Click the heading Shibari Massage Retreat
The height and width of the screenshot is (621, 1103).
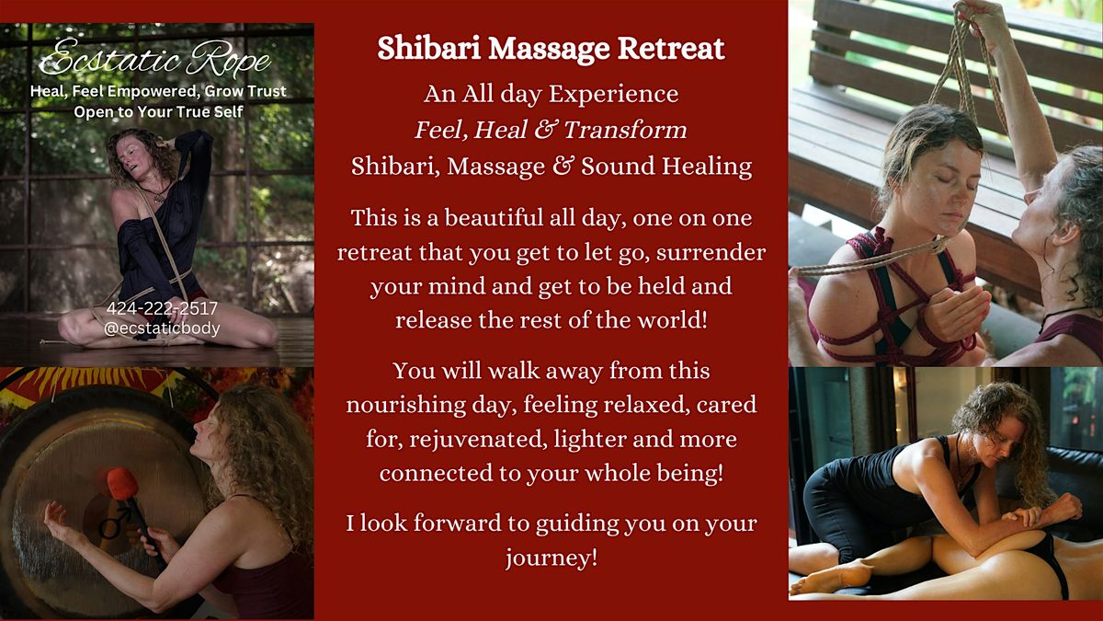pos(551,50)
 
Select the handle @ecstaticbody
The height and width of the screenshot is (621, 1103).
pos(162,328)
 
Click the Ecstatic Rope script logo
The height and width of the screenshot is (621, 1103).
pos(156,63)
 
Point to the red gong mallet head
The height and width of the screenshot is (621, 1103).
pos(122,484)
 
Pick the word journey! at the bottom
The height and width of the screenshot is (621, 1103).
pos(551,558)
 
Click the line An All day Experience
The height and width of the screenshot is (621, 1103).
pos(551,94)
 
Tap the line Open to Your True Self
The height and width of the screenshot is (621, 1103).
pos(158,112)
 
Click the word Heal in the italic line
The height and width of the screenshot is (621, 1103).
pos(508,130)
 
